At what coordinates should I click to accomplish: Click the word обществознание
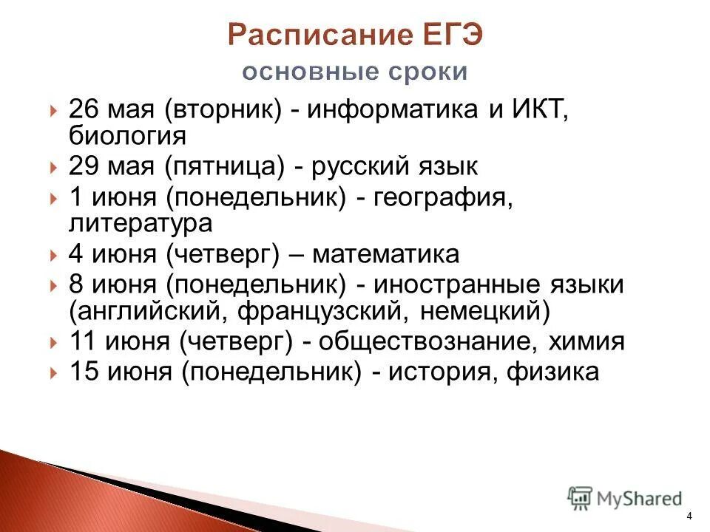click(427, 342)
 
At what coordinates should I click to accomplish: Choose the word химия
click(588, 342)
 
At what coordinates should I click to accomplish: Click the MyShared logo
click(624, 497)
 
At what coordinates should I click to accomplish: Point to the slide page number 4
click(689, 516)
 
